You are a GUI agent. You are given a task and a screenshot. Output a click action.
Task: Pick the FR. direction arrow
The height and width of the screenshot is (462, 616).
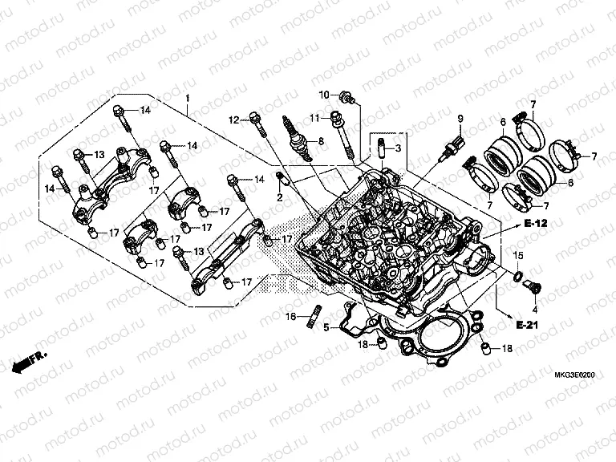(30, 360)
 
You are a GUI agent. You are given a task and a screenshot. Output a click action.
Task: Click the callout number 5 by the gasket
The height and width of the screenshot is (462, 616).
(326, 327)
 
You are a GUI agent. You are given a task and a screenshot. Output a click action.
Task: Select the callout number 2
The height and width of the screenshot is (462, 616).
(281, 197)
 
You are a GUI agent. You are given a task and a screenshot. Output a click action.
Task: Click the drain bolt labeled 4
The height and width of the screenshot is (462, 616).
(537, 287)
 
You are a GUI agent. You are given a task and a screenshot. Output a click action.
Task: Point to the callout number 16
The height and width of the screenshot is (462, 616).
(291, 316)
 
